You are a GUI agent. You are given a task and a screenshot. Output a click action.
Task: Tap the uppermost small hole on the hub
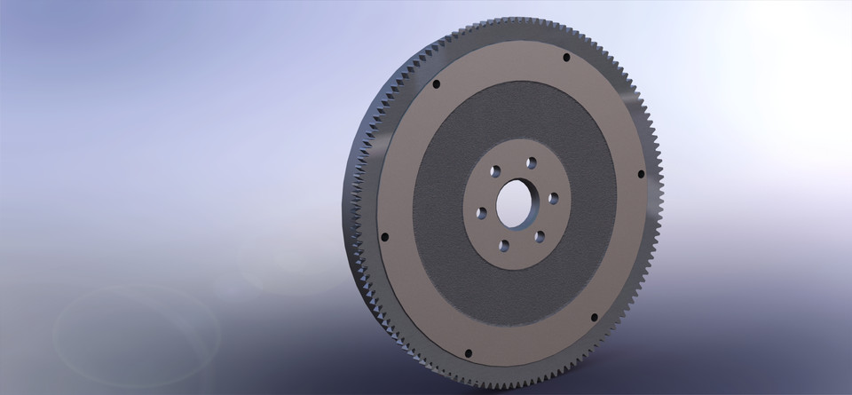pos(531,162)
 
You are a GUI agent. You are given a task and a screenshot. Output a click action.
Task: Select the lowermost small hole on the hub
pos(502,246)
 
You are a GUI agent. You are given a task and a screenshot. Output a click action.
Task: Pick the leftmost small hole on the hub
pos(481,212)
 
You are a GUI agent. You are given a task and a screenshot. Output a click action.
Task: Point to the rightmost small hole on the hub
pos(553,197)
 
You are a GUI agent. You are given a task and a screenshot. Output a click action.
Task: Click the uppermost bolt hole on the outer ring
pos(565,58)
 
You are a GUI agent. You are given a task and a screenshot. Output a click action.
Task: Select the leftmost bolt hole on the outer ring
pos(383,237)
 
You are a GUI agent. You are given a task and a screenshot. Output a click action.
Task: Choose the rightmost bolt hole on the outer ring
pos(640,174)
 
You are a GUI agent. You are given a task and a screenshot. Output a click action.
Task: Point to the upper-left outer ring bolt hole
pos(436,84)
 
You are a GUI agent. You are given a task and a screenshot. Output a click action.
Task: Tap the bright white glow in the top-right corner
pos(799,36)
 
